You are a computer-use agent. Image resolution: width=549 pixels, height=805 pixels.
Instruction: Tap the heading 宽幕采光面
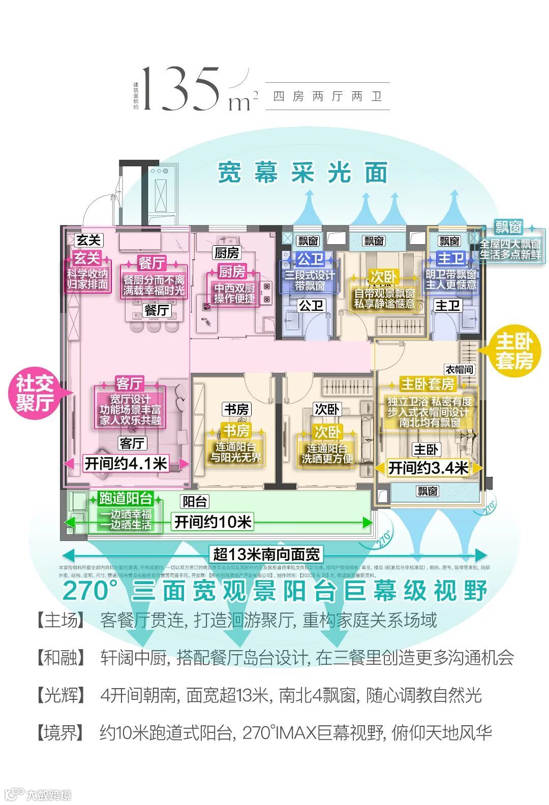302,173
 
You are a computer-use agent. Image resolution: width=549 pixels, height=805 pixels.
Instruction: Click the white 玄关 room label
89,240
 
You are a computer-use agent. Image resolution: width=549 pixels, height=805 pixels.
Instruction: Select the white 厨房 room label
227,252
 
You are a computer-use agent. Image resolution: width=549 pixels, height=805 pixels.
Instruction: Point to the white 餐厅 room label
157,310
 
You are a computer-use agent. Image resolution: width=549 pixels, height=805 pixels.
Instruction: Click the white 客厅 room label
132,443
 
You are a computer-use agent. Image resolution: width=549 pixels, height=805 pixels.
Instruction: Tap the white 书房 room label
237,409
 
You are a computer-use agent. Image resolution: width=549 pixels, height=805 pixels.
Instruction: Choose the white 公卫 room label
311,305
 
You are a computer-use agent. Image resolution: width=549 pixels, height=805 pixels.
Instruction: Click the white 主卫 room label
447,305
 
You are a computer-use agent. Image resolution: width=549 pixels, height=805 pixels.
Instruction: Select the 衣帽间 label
460,369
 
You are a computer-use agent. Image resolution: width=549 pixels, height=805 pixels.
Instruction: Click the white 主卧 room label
426,449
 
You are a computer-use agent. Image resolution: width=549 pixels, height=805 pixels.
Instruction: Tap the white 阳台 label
195,502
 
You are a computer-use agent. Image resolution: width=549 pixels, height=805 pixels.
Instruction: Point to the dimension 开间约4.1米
126,463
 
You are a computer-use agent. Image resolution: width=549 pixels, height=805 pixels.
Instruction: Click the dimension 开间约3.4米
428,468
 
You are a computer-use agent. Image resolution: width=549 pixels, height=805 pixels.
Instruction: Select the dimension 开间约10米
213,522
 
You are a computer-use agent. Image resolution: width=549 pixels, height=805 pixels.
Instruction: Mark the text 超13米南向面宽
267,554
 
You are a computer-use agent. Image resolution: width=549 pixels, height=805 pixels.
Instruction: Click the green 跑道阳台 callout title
126,498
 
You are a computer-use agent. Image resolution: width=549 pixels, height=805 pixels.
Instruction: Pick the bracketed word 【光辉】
60,695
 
